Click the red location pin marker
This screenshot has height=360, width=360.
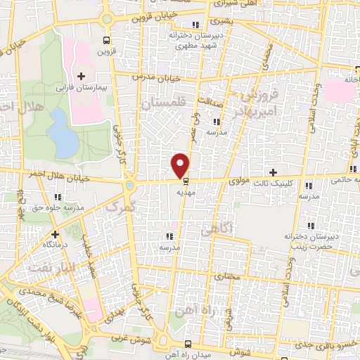pyautogui.click(x=181, y=165)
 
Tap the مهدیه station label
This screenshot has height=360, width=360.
pyautogui.click(x=186, y=191)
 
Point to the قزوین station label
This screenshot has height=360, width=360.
pyautogui.click(x=105, y=51)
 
